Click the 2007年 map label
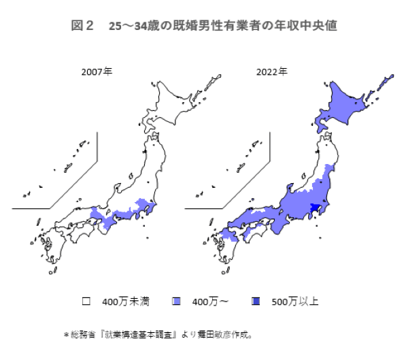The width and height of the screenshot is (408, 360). (97, 71)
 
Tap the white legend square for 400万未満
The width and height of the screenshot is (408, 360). (86, 300)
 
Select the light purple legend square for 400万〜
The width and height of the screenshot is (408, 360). (177, 300)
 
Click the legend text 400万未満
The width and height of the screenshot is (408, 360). (122, 300)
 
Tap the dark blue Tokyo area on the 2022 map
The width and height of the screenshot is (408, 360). (315, 208)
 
